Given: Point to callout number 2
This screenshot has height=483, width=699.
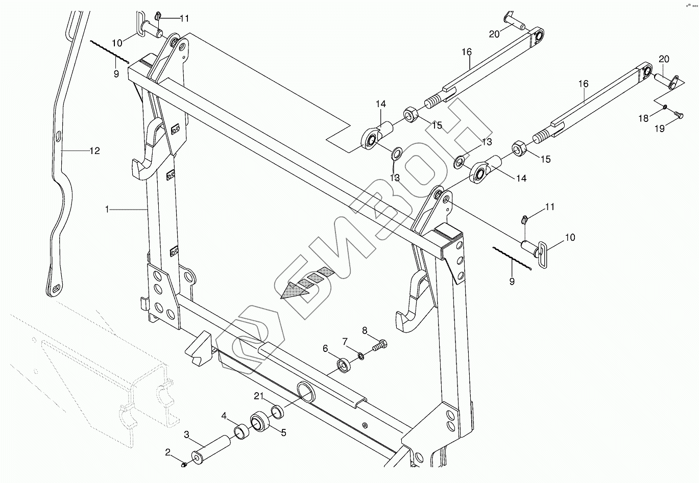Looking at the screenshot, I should pyautogui.click(x=167, y=452).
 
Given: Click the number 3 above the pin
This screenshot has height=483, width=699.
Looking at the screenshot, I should pyautogui.click(x=187, y=434).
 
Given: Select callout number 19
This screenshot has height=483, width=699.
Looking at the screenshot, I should pyautogui.click(x=660, y=129).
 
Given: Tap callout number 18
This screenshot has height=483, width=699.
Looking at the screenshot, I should pyautogui.click(x=644, y=118).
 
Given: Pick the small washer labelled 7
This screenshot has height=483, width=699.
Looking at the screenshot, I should pyautogui.click(x=361, y=355).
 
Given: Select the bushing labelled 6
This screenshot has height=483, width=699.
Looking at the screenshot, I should pyautogui.click(x=344, y=365).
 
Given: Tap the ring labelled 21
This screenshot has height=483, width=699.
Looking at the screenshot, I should pyautogui.click(x=277, y=411).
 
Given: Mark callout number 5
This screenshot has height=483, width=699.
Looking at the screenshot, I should pyautogui.click(x=283, y=433).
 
